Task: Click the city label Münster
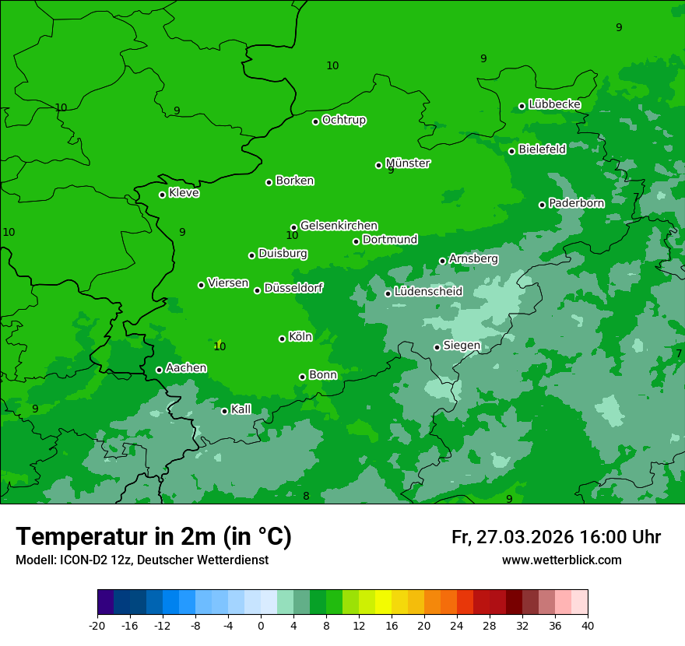click(x=407, y=163)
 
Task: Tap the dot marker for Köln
click(x=282, y=339)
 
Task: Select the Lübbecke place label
click(x=554, y=104)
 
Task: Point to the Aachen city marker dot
click(x=159, y=370)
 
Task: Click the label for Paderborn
click(x=576, y=203)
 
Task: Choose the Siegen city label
click(x=462, y=346)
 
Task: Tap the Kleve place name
click(x=184, y=193)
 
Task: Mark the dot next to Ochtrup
click(x=315, y=121)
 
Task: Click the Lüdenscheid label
click(x=428, y=292)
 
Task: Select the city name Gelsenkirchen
click(x=339, y=226)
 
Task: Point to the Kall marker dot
click(x=224, y=411)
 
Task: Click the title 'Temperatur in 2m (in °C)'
click(x=153, y=537)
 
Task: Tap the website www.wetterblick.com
click(x=561, y=560)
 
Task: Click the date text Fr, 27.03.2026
click(x=512, y=537)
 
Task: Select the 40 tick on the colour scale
click(x=587, y=625)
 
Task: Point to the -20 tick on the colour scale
click(x=97, y=625)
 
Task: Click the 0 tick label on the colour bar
click(x=261, y=625)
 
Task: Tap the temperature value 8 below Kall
click(x=306, y=497)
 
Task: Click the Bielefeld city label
click(x=542, y=149)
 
